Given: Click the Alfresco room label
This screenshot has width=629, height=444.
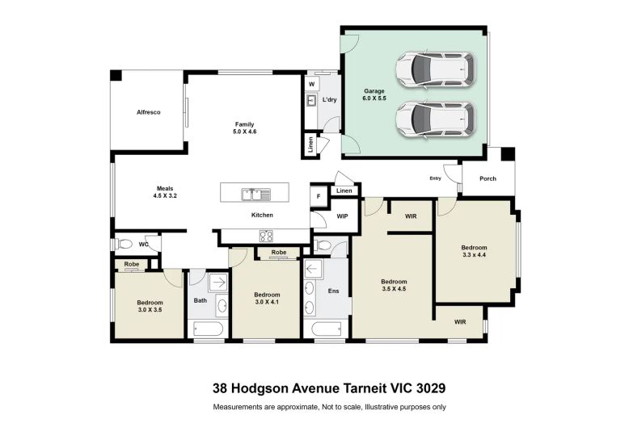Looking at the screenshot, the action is click(149, 112).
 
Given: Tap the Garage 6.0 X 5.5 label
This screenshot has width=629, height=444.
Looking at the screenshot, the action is click(374, 94).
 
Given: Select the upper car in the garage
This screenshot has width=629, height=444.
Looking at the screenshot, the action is click(436, 69).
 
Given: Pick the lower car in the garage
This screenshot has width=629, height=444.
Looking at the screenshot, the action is click(436, 119).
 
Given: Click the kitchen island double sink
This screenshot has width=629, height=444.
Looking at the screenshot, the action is click(256, 195).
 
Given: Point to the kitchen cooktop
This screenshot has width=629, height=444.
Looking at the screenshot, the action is click(266, 236).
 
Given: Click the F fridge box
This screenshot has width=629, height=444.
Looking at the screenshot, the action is click(319, 196).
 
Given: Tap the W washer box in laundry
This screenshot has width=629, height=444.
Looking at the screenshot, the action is click(312, 85).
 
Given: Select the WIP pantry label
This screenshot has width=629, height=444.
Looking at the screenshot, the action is click(342, 216).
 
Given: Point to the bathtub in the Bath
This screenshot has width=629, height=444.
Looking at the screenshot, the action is click(209, 329).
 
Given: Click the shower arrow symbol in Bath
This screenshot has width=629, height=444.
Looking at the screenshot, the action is click(219, 283).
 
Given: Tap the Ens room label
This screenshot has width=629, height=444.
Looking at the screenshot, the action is click(333, 291).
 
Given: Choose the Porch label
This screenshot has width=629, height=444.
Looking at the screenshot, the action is click(488, 178).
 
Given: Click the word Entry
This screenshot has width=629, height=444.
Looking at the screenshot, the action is click(435, 178).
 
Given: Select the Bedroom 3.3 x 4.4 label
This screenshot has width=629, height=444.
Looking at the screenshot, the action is click(474, 251).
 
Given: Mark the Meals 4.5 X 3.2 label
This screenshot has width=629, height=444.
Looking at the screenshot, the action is click(165, 192).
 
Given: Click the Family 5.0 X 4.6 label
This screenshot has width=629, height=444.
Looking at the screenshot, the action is click(245, 128).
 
